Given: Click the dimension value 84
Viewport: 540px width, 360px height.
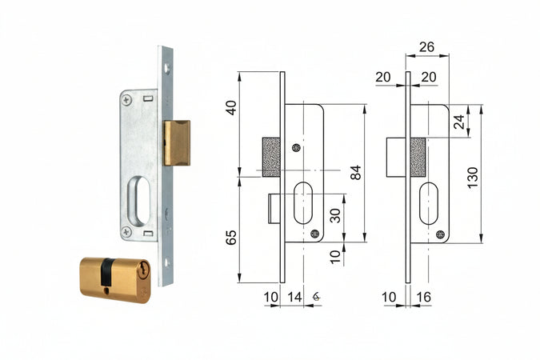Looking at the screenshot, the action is click(x=356, y=172).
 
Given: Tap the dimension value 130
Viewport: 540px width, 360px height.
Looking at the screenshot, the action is click(x=473, y=177).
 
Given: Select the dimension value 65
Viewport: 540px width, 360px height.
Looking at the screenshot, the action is click(x=231, y=238).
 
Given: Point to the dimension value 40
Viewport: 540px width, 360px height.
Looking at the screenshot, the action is click(x=231, y=107).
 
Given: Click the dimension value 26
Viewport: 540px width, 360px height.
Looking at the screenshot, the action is click(x=426, y=47).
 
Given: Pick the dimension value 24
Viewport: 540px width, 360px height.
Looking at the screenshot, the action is click(x=459, y=122).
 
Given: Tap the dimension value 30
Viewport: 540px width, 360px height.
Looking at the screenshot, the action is click(x=335, y=216).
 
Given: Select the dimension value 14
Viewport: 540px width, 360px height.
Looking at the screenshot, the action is click(x=294, y=297).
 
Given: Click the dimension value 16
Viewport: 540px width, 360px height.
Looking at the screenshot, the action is click(x=423, y=297).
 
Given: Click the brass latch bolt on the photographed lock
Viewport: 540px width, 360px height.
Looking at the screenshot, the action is click(x=177, y=143).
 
